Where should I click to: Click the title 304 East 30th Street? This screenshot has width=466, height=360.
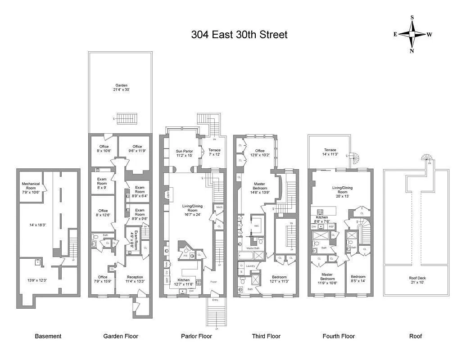[239, 35]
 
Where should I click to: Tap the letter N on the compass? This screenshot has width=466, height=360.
[412, 51]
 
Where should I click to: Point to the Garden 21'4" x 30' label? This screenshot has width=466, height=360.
[121, 87]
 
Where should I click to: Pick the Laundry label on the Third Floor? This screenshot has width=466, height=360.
[250, 266]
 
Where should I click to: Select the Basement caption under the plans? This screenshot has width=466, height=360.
[48, 336]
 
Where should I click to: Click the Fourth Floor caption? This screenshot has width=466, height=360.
[339, 336]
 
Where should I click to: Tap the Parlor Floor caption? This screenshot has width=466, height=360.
[196, 336]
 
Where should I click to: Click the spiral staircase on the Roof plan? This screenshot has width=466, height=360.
[425, 158]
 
